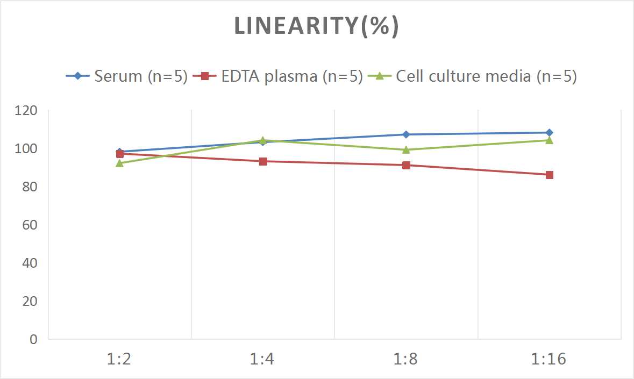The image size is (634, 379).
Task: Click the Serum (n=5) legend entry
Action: click(x=126, y=76)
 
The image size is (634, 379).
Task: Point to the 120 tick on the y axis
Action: click(x=26, y=111)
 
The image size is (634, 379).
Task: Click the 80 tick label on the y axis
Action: click(x=30, y=187)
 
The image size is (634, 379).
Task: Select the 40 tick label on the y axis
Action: click(x=30, y=263)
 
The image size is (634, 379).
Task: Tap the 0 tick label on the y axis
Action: click(x=34, y=339)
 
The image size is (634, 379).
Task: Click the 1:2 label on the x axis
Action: click(x=119, y=359)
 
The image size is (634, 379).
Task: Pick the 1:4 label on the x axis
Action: click(x=263, y=359)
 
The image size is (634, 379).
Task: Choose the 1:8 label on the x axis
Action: click(x=406, y=359)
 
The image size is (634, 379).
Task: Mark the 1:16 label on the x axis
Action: click(x=549, y=359)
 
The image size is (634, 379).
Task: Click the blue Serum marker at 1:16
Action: click(x=550, y=132)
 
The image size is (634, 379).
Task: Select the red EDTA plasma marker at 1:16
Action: click(x=550, y=175)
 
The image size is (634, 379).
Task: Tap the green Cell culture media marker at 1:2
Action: click(x=120, y=163)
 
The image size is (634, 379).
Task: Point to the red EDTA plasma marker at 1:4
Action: click(x=263, y=161)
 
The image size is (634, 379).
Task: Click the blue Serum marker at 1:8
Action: click(x=406, y=134)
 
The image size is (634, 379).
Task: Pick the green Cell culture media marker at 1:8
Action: click(x=406, y=149)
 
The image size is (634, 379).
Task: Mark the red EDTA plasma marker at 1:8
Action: click(x=406, y=165)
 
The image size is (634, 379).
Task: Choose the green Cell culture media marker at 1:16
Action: click(x=550, y=140)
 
